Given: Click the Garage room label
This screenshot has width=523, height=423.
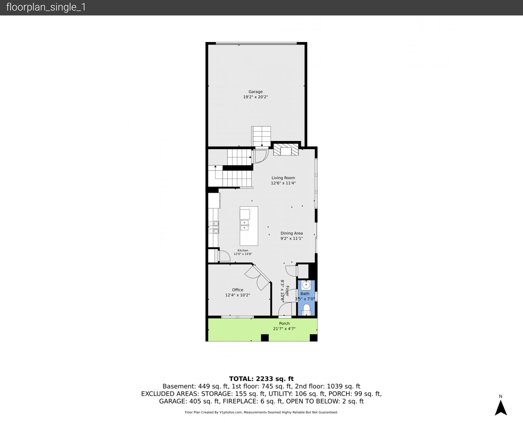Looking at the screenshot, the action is pyautogui.click(x=255, y=92).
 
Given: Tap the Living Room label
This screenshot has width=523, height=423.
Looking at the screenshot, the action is pyautogui.click(x=283, y=178).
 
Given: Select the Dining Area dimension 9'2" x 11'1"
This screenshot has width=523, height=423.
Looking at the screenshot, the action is pyautogui.click(x=292, y=239).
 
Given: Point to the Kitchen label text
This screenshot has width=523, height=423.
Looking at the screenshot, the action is pyautogui.click(x=242, y=250).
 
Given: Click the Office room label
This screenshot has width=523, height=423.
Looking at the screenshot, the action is pyautogui.click(x=237, y=290).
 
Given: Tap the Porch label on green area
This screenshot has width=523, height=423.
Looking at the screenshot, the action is pyautogui.click(x=284, y=324).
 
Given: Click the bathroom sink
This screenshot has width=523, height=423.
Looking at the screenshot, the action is pyautogui.click(x=306, y=285).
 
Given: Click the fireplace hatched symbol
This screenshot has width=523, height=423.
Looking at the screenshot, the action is pyautogui.click(x=286, y=150).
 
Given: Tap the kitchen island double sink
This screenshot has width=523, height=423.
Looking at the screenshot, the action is pyautogui.click(x=244, y=225).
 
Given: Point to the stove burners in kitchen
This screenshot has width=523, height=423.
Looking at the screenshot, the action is pyautogui.click(x=214, y=227).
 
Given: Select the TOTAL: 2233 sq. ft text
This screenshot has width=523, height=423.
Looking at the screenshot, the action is pyautogui.click(x=261, y=379).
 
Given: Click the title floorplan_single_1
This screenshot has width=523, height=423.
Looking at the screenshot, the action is pyautogui.click(x=46, y=7).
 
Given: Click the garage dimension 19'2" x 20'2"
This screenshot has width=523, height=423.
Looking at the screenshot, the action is pyautogui.click(x=255, y=97).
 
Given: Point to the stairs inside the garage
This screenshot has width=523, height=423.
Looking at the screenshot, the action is pyautogui.click(x=261, y=136).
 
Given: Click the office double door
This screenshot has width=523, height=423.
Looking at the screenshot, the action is pyautogui.click(x=258, y=278).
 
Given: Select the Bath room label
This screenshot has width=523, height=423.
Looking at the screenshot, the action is pyautogui.click(x=305, y=294).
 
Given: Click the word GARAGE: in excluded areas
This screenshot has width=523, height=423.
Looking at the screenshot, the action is pyautogui.click(x=173, y=401).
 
